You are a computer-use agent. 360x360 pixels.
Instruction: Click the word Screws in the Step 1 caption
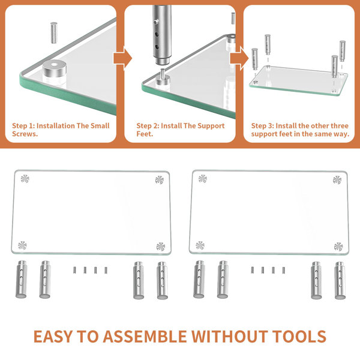[25, 134]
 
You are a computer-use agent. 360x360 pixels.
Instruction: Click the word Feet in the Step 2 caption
[146, 134]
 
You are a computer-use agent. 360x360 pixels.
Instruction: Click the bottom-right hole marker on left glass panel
[160, 246]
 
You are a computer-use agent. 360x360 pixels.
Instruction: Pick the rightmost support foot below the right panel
[340, 280]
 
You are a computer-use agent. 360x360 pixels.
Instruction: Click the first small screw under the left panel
[75, 269]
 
